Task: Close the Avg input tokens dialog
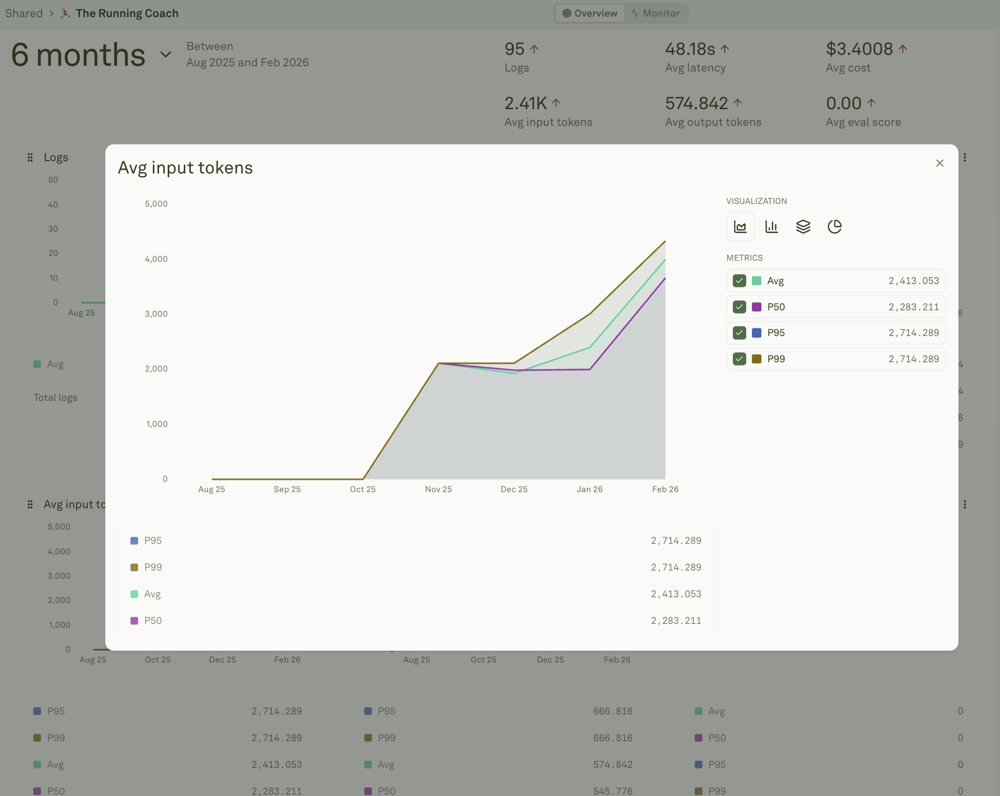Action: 939,163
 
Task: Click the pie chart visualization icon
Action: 834,226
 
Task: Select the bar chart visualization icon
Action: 771,226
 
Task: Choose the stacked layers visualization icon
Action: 803,226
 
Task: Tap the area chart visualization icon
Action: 740,226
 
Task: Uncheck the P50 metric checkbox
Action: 739,307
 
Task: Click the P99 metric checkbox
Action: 739,359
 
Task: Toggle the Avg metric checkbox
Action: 739,281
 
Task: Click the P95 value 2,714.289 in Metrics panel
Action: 913,333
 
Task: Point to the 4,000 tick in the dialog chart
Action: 156,259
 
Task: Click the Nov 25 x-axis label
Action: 438,489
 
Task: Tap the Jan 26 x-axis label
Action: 589,489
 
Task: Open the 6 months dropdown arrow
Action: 165,54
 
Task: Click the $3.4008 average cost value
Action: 859,49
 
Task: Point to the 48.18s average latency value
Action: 690,49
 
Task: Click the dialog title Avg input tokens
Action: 185,168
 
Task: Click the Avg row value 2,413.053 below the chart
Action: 675,594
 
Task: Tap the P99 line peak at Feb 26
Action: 665,241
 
